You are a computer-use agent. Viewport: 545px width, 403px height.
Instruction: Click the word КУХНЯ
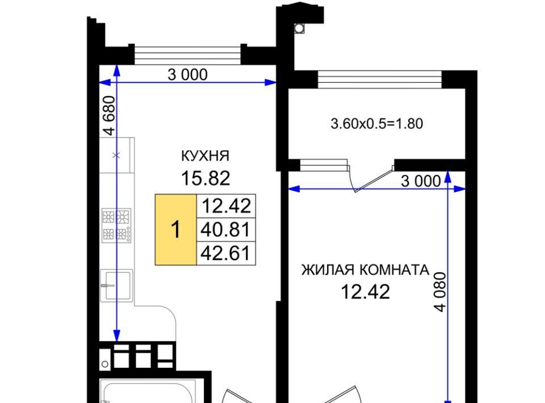click(x=205, y=156)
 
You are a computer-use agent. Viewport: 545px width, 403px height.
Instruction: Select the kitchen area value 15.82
click(x=206, y=178)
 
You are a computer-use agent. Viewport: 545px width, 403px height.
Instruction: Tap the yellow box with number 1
click(x=176, y=230)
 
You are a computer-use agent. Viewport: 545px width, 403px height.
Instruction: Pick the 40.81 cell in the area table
click(x=226, y=230)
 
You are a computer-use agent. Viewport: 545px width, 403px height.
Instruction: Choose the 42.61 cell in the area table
click(x=226, y=253)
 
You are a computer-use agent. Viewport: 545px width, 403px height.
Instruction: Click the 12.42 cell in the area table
click(x=226, y=206)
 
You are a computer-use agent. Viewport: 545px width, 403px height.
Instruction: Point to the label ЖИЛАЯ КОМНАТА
click(x=365, y=270)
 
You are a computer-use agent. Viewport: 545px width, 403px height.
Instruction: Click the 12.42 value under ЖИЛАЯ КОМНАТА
click(x=365, y=292)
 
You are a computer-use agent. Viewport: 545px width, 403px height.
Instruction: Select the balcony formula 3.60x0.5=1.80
click(x=377, y=124)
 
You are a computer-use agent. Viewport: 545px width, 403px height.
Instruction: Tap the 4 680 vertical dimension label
click(x=109, y=115)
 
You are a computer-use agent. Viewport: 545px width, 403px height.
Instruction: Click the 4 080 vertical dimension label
click(x=440, y=292)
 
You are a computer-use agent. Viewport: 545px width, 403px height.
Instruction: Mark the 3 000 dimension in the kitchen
click(x=188, y=75)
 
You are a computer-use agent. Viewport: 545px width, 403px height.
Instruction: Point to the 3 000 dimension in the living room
click(x=421, y=181)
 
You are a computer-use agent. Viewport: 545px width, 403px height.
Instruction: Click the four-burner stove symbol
click(x=116, y=225)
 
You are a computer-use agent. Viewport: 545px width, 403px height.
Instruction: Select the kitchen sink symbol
click(x=116, y=286)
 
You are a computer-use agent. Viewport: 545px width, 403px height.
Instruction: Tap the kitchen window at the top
click(x=187, y=55)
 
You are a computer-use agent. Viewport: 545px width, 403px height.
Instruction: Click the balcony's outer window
click(x=380, y=79)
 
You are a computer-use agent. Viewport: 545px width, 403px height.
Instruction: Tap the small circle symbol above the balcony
click(x=299, y=28)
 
